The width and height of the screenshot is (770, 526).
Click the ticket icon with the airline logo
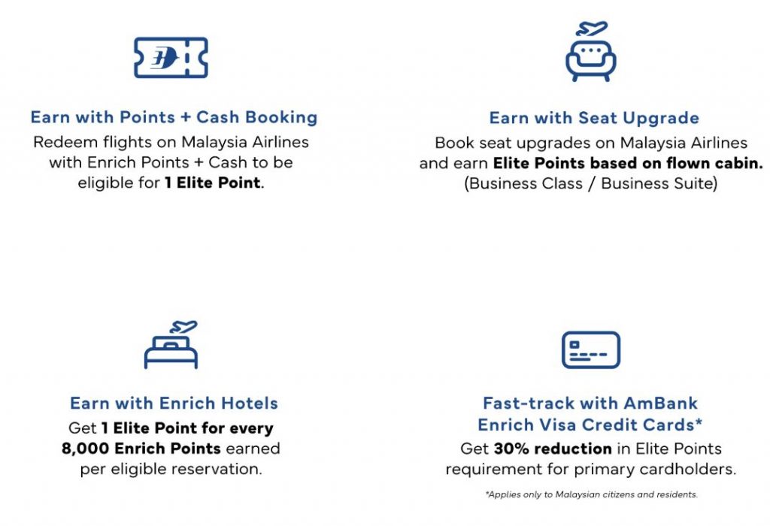click(x=171, y=57)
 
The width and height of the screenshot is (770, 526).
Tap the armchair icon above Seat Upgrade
click(x=591, y=60)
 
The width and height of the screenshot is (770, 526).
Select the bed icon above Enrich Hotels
click(x=171, y=351)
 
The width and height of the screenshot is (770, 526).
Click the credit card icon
click(x=591, y=350)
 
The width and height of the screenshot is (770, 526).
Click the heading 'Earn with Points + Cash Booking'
click(x=174, y=117)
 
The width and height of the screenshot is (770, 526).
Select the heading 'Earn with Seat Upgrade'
click(x=594, y=118)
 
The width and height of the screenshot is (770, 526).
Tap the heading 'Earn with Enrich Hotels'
click(x=174, y=403)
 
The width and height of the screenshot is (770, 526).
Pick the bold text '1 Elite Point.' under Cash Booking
click(x=214, y=183)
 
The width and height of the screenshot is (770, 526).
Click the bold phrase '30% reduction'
click(x=553, y=449)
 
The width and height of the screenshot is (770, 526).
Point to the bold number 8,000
click(x=86, y=449)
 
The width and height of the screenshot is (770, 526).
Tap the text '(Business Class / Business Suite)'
click(x=591, y=183)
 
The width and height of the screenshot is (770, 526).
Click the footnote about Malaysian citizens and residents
click(x=591, y=494)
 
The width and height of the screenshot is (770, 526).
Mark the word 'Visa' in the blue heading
click(x=555, y=425)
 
